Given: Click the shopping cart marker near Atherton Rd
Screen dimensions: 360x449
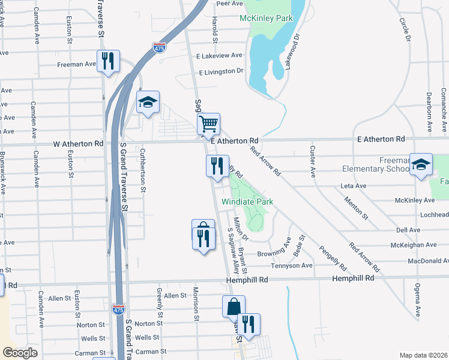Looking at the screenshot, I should click(208, 124).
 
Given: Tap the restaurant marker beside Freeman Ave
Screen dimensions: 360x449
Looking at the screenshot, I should click(109, 61).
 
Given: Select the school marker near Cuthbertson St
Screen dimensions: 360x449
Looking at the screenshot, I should click(148, 102).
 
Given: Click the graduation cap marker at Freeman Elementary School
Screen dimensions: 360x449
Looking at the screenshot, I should click(421, 164).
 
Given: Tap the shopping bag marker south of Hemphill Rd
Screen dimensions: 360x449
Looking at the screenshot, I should click(233, 306).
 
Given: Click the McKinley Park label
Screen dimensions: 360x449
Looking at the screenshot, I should click(266, 19).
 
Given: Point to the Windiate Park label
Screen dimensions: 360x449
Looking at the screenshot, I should click(247, 202).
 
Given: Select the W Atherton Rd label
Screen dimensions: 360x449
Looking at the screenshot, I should click(78, 144).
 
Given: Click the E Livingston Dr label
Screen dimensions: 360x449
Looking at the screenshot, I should click(219, 71).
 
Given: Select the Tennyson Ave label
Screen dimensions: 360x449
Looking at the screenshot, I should click(292, 265).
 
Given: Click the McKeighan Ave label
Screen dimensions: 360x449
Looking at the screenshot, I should click(414, 245).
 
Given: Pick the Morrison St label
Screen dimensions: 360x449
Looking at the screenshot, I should click(196, 302).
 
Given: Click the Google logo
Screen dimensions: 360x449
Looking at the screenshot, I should click(20, 353).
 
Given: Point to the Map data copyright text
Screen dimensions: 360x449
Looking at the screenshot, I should click(423, 355).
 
